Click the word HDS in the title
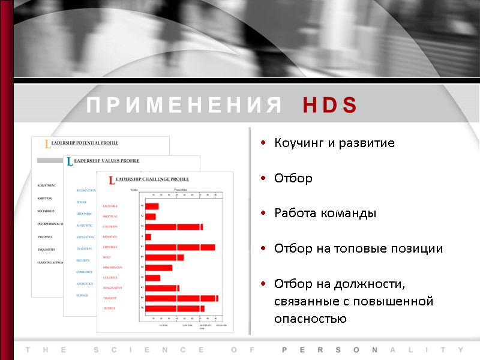tap(329, 106)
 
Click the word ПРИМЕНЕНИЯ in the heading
tap(184, 106)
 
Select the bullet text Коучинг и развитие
tap(334, 143)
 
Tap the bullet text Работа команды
tap(325, 213)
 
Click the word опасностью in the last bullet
tap(310, 319)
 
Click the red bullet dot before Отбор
tap(263, 178)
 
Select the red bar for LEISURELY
tap(180, 247)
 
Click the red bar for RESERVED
tap(148, 237)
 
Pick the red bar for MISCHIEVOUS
tap(158, 268)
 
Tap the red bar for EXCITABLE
tap(152, 206)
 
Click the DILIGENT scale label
tap(109, 298)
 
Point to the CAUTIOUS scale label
tap(110, 227)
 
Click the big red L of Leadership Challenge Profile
tap(112, 181)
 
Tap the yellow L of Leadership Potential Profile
tap(48, 145)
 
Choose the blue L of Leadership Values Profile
tap(70, 162)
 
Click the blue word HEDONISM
tap(84, 214)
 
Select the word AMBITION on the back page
tap(44, 198)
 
